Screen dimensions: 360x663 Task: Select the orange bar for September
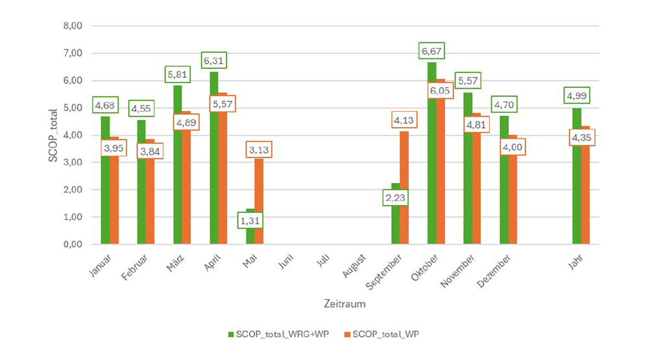(x=404, y=188)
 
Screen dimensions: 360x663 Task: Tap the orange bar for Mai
(x=259, y=201)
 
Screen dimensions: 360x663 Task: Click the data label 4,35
(x=582, y=138)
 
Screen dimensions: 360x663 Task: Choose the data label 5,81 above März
(x=178, y=75)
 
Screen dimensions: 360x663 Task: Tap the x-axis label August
(x=355, y=265)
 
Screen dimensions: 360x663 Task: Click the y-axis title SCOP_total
(x=54, y=135)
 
